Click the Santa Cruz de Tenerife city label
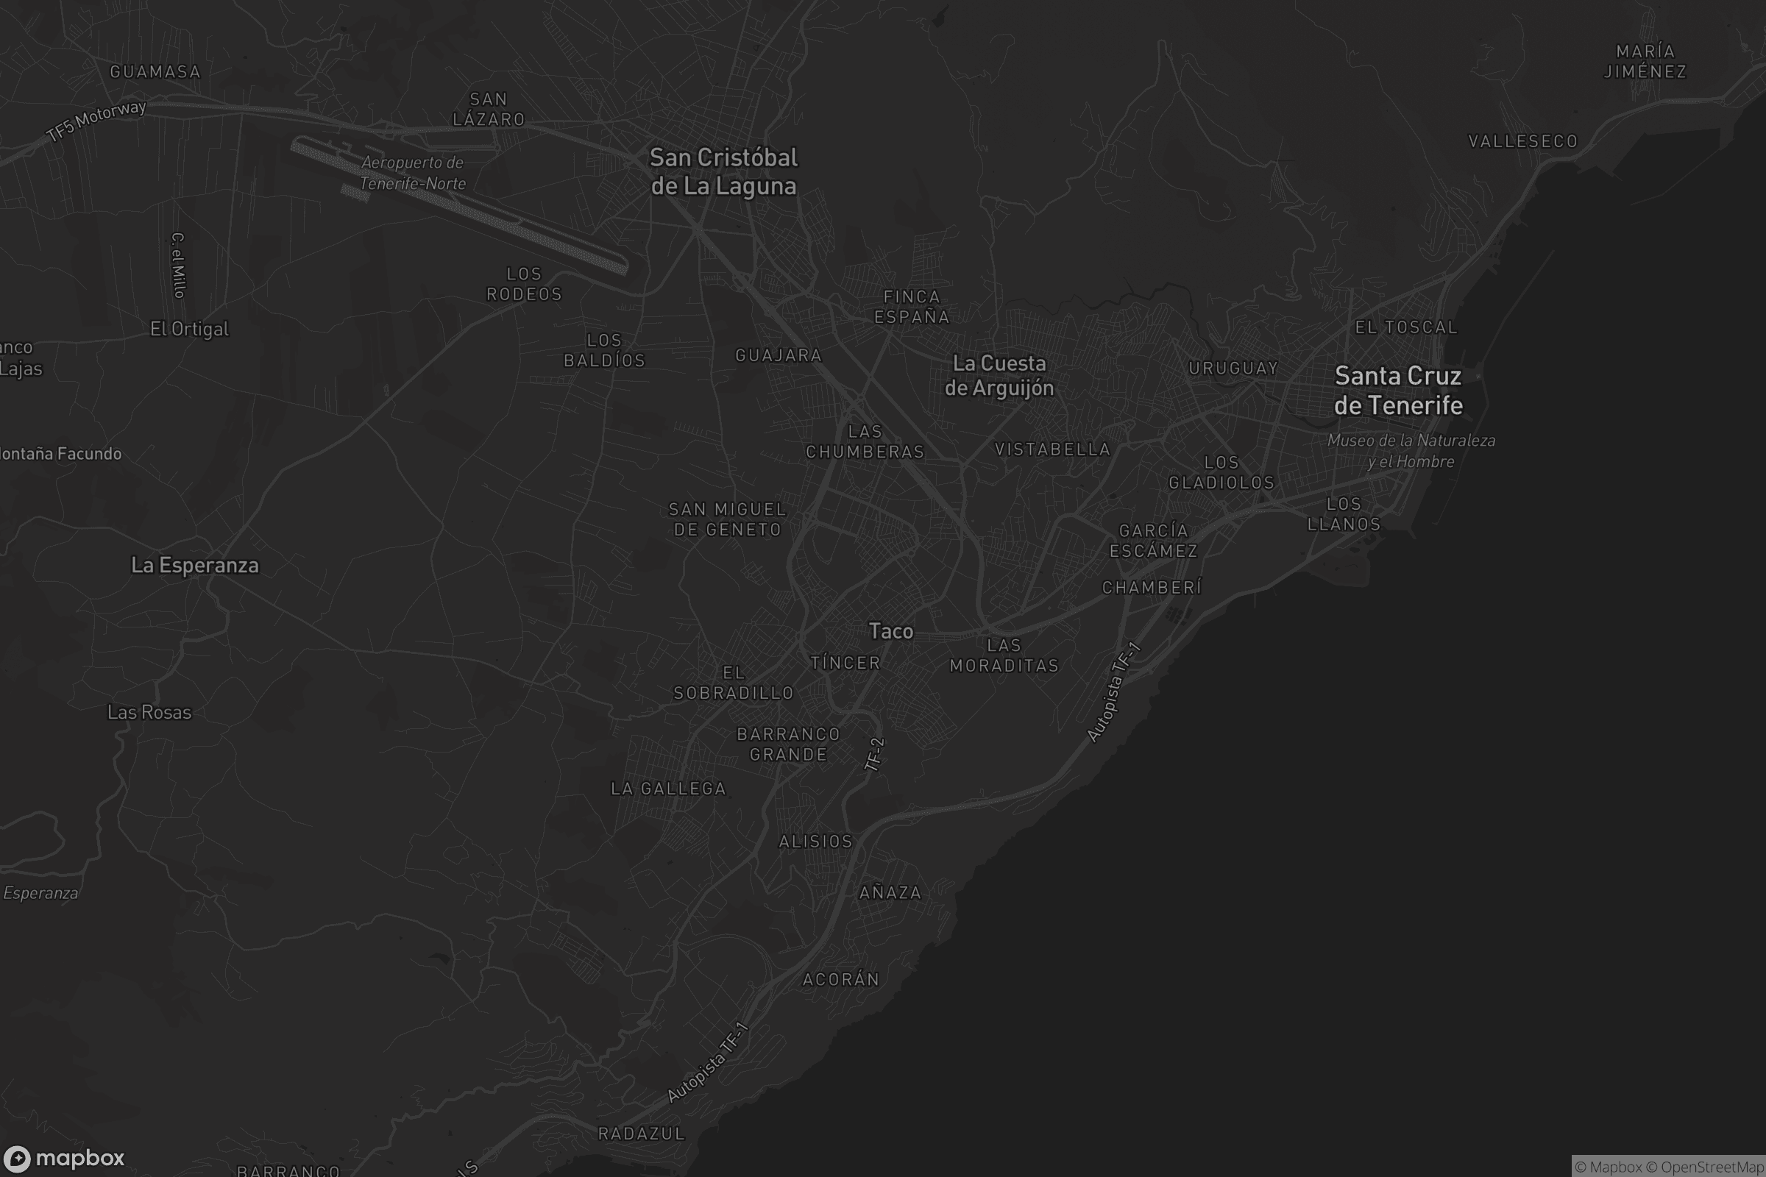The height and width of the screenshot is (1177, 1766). point(1398,391)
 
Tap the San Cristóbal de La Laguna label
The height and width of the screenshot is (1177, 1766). point(723,172)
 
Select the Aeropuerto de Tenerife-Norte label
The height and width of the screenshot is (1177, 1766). point(412,173)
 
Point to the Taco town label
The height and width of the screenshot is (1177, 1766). point(890,631)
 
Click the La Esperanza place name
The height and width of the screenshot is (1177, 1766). point(194,565)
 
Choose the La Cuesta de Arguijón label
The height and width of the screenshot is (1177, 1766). point(999,375)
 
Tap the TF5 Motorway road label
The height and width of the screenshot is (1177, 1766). point(96,120)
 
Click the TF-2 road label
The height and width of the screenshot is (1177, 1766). point(875,753)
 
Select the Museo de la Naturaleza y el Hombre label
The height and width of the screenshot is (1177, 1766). point(1411,451)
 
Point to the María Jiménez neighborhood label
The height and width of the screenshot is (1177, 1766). point(1645,62)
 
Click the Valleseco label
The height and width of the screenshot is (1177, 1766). point(1522,141)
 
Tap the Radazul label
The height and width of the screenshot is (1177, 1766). point(641,1134)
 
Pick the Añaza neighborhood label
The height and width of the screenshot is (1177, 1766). point(890,892)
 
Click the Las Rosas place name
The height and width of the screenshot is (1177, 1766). point(149,712)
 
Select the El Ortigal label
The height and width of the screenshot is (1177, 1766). point(189,329)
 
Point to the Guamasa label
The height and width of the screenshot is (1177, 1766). point(155,72)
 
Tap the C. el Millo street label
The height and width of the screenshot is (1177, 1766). point(178,265)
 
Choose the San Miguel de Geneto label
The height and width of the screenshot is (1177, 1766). point(728,519)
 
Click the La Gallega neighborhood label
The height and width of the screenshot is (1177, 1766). point(668,789)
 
